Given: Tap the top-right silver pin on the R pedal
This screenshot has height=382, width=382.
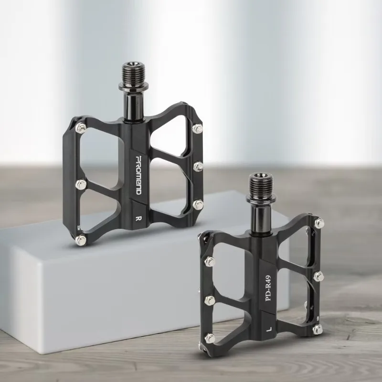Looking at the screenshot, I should [197, 128].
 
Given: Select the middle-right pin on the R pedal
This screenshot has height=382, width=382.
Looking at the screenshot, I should [198, 166].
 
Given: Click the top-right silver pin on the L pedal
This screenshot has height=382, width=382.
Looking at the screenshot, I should [319, 223].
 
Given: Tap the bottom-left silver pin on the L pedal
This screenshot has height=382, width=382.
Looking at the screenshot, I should [209, 338].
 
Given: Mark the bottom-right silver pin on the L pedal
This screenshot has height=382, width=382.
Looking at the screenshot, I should [318, 327].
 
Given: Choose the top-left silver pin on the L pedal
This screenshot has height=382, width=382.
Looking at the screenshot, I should [209, 261].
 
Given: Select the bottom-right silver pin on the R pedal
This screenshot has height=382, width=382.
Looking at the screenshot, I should [198, 204].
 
